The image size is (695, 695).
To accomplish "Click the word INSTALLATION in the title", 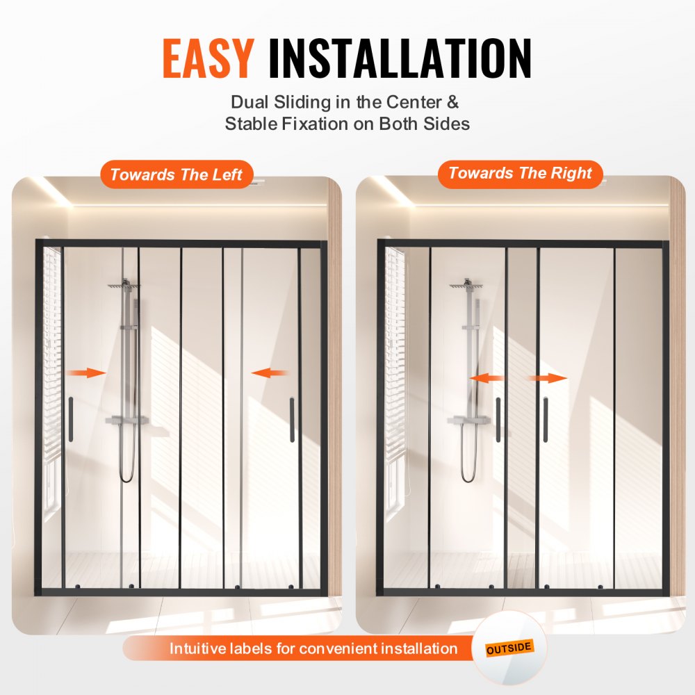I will point(400,58).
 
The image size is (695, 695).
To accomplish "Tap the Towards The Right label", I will point(520,173).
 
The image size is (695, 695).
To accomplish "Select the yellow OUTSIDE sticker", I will point(509,648).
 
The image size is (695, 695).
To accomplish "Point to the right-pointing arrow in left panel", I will point(87,373).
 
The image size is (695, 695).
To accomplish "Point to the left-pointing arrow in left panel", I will point(270,373).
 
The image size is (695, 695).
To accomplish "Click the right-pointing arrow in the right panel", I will point(548,378).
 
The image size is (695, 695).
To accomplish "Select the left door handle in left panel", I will point(70,419).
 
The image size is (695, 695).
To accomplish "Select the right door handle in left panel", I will point(292,419).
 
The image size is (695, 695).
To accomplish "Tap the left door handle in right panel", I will point(498,419).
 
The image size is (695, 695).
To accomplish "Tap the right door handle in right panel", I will point(546,419).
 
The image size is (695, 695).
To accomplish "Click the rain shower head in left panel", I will point(124,286).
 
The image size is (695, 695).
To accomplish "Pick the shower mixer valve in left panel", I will point(127,420).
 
